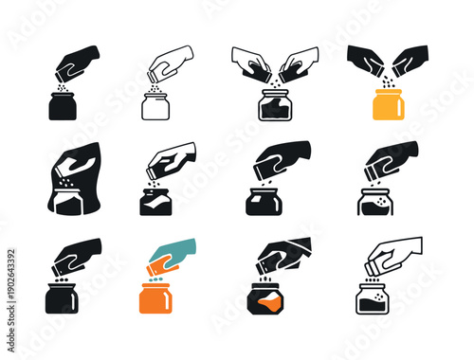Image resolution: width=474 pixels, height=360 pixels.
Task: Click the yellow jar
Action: pyautogui.click(x=388, y=106)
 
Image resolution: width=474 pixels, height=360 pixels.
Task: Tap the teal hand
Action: pyautogui.click(x=174, y=253)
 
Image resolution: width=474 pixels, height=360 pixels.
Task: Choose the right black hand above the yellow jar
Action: pyautogui.click(x=409, y=60)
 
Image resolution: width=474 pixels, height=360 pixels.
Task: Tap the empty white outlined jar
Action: pyautogui.click(x=155, y=106)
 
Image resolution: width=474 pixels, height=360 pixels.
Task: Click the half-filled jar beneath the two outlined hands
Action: pyautogui.click(x=274, y=106)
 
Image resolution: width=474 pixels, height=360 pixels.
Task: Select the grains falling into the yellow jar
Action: pyautogui.click(x=387, y=82)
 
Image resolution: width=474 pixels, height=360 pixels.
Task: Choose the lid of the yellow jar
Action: pyautogui.click(x=388, y=92)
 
